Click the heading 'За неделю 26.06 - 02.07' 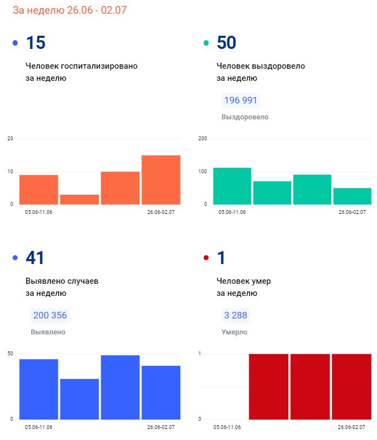pyautogui.click(x=70, y=10)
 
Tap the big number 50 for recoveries pyautogui.click(x=227, y=42)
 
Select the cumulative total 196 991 pyautogui.click(x=241, y=100)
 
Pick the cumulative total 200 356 pyautogui.click(x=50, y=315)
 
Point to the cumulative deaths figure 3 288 pyautogui.click(x=236, y=315)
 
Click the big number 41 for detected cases pyautogui.click(x=35, y=257)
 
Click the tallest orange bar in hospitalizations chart pyautogui.click(x=161, y=180)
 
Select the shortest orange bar pyautogui.click(x=79, y=199)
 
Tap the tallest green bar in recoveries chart pyautogui.click(x=232, y=186)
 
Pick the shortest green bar pyautogui.click(x=352, y=196)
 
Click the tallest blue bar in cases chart pyautogui.click(x=120, y=387)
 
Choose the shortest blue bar pyautogui.click(x=79, y=399)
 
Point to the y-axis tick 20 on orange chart pyautogui.click(x=10, y=138)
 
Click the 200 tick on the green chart pyautogui.click(x=202, y=138)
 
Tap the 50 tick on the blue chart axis pyautogui.click(x=10, y=353)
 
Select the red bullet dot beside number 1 pyautogui.click(x=206, y=257)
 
